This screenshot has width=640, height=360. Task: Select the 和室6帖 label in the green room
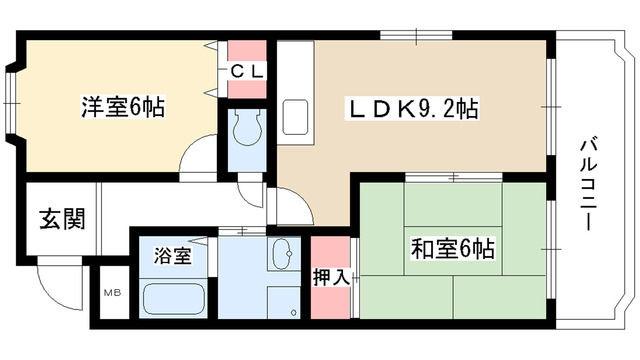pos(453,247)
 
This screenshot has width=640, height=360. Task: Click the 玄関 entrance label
pos(61,218)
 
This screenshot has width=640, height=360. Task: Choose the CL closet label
pos(247,71)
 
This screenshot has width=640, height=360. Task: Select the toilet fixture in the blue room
pos(246,128)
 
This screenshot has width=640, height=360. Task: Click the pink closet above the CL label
pos(247,49)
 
